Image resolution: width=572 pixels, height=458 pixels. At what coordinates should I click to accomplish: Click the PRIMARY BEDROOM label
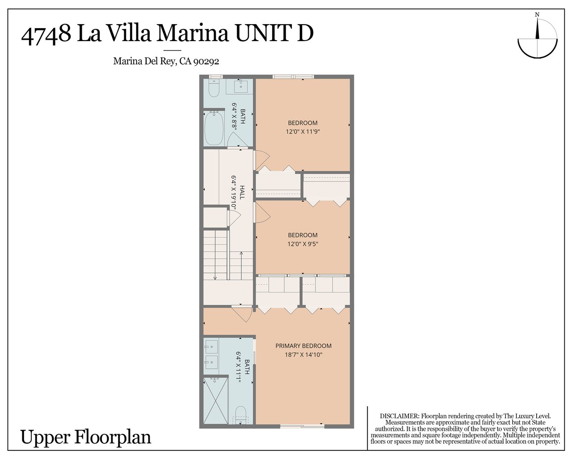(303, 346)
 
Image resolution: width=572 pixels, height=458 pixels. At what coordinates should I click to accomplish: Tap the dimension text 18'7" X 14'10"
(303, 355)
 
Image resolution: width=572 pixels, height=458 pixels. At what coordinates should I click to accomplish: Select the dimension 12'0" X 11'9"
(303, 132)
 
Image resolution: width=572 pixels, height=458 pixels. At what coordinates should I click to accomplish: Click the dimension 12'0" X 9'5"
(303, 244)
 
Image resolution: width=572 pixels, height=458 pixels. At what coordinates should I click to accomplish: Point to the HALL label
(242, 192)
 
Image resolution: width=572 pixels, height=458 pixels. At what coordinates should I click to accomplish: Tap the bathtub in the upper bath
(214, 128)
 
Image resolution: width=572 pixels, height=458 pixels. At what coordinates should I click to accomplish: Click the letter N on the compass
(537, 15)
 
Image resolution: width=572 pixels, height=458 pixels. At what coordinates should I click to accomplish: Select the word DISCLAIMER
(399, 416)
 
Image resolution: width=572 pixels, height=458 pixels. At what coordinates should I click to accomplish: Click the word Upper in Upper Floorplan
(45, 437)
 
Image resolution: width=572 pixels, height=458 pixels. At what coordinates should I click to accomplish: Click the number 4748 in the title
(46, 34)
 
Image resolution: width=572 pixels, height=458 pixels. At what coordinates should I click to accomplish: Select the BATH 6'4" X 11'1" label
(244, 367)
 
